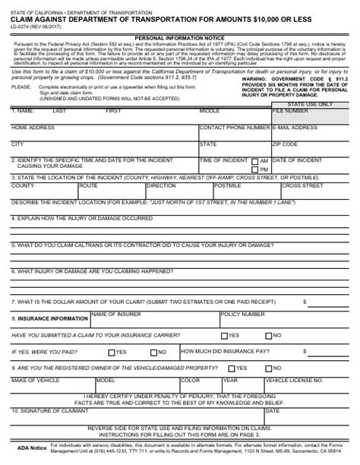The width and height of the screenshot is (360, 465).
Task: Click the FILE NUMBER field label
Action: point(288,111)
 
